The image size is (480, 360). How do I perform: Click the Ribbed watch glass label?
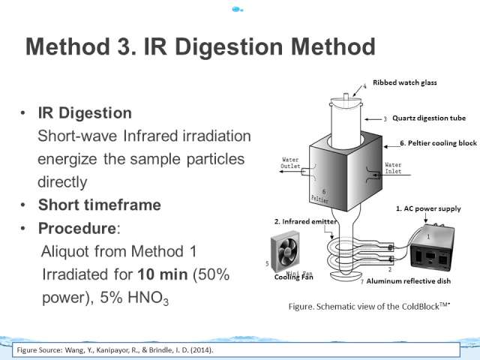[405, 82]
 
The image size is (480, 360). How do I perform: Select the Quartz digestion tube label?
[429, 118]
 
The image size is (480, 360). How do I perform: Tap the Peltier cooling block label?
[438, 143]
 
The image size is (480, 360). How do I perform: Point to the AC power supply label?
[428, 208]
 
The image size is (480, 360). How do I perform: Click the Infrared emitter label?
[305, 221]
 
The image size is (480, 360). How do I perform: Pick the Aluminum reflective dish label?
[408, 281]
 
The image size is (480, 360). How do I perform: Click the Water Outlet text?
[290, 163]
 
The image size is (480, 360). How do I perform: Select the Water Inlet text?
[393, 168]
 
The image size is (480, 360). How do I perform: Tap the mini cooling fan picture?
[286, 252]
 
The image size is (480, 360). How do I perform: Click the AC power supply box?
[432, 247]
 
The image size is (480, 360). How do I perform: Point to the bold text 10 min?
[163, 274]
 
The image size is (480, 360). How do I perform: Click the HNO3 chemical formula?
[148, 298]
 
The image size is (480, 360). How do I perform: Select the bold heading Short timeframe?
[100, 205]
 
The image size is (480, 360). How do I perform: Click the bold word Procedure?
[76, 228]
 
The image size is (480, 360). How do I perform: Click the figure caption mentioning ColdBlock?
[369, 306]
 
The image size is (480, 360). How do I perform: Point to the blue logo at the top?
[237, 10]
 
